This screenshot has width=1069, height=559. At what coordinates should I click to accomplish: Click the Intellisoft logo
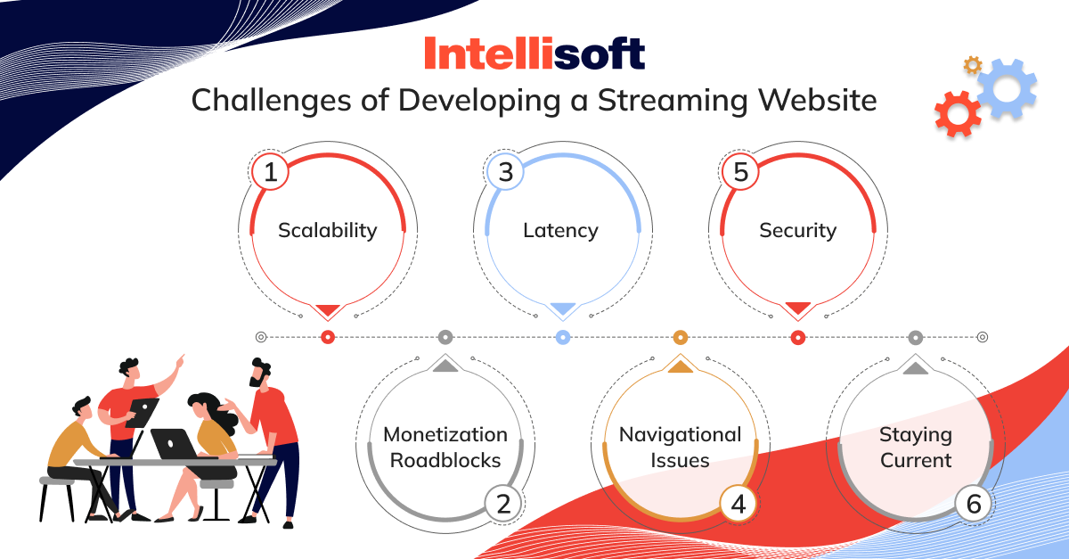point(534,53)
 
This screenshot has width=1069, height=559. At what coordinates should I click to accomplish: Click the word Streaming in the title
point(673,101)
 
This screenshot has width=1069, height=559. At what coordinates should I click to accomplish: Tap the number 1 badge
point(270,172)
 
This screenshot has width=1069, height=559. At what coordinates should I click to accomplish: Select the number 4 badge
point(739,504)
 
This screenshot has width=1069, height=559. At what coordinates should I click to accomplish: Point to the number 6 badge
point(974,504)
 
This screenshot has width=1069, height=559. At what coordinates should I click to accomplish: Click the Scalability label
point(328,231)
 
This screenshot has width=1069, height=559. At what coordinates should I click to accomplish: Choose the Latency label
point(560,230)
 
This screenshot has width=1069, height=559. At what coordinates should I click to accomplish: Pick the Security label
point(798,231)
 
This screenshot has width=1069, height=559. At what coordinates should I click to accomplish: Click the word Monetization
point(445,435)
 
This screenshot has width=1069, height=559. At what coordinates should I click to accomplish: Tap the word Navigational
point(680,435)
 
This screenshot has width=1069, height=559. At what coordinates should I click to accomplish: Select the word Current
point(916,461)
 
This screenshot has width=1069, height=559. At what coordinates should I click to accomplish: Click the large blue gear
point(1007,89)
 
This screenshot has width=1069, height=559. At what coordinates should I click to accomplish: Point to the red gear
point(958,114)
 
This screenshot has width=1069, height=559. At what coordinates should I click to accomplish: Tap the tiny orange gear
point(973,65)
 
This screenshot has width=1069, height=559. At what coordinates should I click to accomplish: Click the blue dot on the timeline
point(563,337)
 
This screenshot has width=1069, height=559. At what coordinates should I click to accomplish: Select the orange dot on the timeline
point(680,337)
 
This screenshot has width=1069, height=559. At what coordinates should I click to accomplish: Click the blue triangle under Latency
point(563,308)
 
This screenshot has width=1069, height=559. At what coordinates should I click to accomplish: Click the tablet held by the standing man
point(143,412)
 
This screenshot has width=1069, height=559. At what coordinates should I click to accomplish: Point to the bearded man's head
point(260,372)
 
